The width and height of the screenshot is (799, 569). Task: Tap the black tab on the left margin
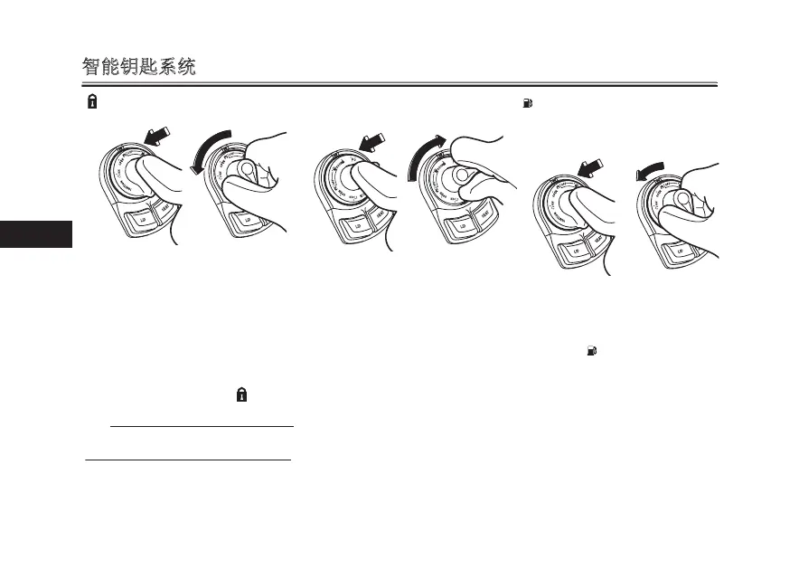point(35,234)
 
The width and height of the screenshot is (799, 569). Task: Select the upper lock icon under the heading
point(91,103)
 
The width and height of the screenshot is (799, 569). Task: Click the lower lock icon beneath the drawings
point(242,395)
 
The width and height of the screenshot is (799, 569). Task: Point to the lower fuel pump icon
point(591,349)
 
